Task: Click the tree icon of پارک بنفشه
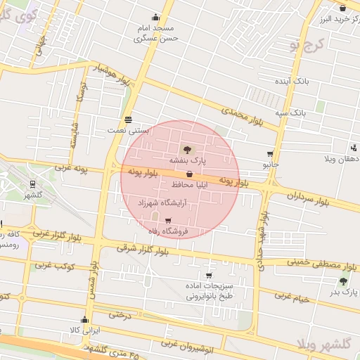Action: pyautogui.click(x=186, y=149)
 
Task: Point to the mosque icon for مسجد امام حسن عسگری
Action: pyautogui.click(x=155, y=18)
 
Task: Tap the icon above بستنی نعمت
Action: pyautogui.click(x=127, y=119)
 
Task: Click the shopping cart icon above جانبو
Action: pyautogui.click(x=270, y=154)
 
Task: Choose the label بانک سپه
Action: pyautogui.click(x=290, y=112)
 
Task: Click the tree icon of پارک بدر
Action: pyautogui.click(x=342, y=281)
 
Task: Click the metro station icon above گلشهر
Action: pyautogui.click(x=32, y=184)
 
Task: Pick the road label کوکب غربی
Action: pyautogui.click(x=55, y=266)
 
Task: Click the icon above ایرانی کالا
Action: pyautogui.click(x=84, y=319)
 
